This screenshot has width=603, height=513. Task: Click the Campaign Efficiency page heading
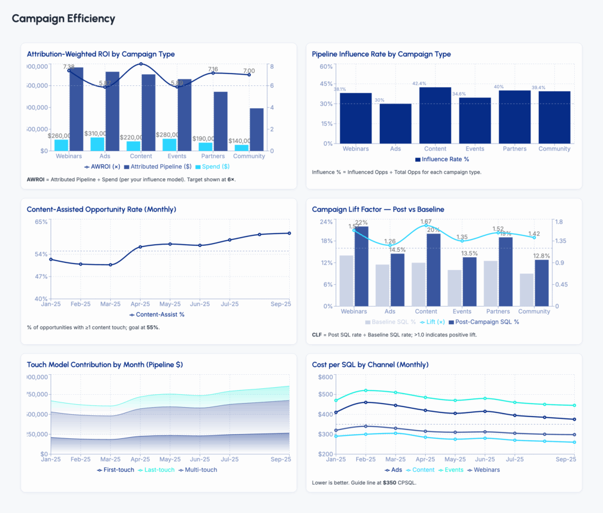[x=64, y=19]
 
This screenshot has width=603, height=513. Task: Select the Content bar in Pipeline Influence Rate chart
[x=435, y=115]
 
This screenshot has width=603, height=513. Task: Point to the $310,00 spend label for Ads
[x=95, y=134]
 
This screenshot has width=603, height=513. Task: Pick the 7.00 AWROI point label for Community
[x=249, y=71]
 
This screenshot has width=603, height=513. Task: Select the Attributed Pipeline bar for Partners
[x=221, y=121]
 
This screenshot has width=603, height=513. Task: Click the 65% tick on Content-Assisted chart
[x=41, y=222]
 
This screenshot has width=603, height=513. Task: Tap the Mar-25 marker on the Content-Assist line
[x=110, y=265]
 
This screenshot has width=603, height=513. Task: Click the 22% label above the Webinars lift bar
[x=361, y=222]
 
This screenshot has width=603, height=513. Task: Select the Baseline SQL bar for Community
[x=527, y=289]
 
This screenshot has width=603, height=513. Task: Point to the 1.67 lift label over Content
[x=426, y=222]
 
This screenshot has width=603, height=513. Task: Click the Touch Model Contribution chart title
[x=105, y=365]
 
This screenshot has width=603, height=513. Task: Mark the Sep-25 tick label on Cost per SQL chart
[x=566, y=459]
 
